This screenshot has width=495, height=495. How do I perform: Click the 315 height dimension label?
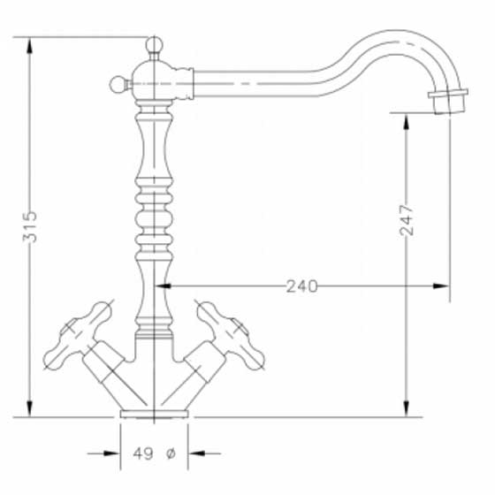tap(30, 226)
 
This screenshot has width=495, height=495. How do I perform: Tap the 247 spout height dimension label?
tap(407, 220)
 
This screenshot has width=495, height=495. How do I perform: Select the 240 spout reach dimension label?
tap(301, 286)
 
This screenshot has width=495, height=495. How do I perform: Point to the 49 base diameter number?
tap(143, 453)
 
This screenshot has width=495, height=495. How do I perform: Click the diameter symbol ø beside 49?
tap(170, 453)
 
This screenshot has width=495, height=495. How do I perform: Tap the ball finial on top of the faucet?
tap(154, 45)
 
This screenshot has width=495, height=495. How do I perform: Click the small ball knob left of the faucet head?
tap(118, 85)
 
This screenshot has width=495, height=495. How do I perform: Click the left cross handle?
tap(78, 335)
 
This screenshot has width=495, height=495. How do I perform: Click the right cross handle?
tap(231, 335)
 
